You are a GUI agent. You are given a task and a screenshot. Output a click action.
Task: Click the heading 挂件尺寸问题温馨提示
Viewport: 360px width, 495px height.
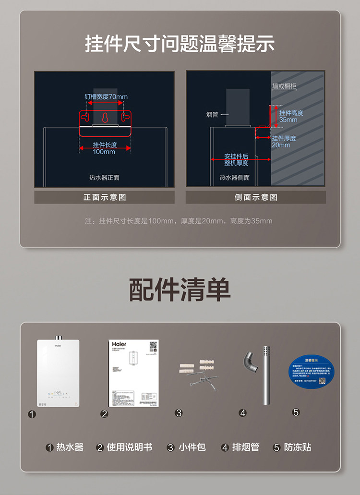180,44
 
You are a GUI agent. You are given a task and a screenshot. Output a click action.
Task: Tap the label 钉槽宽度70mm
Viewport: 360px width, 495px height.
106,97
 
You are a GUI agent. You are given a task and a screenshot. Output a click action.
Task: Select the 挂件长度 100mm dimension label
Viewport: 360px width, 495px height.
105,148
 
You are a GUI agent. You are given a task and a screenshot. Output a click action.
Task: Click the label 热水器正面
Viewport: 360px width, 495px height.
104,178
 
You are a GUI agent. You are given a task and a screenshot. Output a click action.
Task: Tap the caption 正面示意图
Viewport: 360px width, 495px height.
105,197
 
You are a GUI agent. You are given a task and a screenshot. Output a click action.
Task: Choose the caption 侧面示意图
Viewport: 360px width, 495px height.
256,197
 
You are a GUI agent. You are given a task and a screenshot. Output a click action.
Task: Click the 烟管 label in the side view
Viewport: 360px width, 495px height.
212,115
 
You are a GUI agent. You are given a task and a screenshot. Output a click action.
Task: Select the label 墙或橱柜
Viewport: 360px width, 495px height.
285,86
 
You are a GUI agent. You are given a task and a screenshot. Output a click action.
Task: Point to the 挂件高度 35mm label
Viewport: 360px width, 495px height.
291,116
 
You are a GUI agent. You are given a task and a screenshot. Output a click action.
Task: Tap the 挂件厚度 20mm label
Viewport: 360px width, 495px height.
284,142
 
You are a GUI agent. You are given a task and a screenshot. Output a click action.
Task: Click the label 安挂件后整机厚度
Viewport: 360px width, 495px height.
236,160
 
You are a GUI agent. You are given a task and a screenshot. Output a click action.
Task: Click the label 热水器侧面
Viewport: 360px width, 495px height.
235,178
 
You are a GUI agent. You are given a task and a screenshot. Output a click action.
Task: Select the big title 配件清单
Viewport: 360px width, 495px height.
180,290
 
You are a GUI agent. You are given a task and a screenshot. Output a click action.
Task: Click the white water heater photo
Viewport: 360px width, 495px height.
58,373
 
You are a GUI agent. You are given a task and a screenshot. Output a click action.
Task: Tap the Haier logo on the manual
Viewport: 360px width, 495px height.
119,344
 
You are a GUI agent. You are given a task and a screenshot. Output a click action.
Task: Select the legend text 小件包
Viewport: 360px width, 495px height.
192,447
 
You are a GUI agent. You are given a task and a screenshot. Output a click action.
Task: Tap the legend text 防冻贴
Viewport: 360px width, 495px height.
298,447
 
